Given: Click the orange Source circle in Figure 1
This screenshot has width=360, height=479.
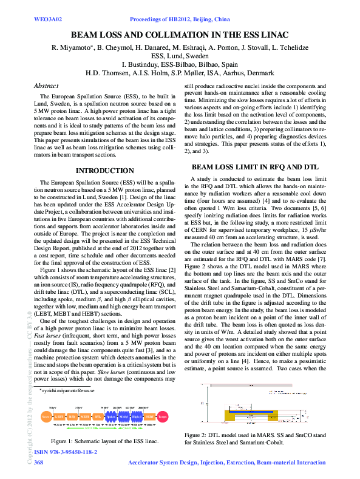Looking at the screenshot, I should (46, 417).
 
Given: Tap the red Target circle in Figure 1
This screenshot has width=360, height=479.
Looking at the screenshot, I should (162, 417).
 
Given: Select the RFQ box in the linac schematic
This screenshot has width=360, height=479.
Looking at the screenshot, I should (72, 417).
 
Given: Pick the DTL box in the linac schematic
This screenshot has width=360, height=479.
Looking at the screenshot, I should (98, 417).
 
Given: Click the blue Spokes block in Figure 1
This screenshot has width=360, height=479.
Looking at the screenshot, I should (111, 417).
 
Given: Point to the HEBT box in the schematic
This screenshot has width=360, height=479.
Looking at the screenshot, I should (149, 417).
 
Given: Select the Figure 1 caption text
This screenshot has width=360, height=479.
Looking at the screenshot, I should (104, 441).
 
